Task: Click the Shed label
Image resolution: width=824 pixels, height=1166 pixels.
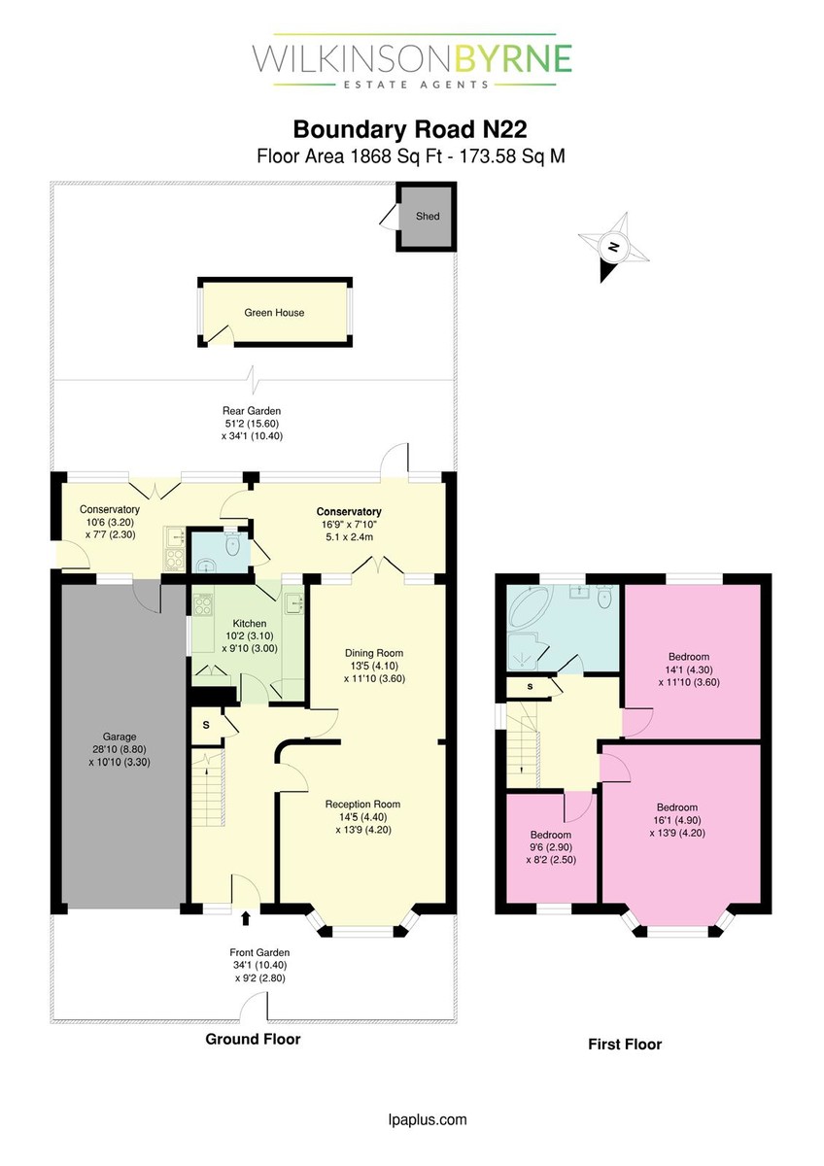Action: click(428, 216)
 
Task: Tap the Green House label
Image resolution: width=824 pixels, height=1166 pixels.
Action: click(274, 313)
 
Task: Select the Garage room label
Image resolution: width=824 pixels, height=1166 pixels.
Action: click(120, 737)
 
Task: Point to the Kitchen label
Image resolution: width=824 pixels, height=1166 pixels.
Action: click(250, 623)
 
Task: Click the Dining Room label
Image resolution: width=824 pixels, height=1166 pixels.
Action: click(374, 653)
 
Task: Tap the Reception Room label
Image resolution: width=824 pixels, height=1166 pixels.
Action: click(362, 805)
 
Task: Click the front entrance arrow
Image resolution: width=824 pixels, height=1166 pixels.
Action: click(246, 917)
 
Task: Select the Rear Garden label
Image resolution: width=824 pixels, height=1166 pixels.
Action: click(252, 411)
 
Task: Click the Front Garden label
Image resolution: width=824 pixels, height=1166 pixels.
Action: click(259, 952)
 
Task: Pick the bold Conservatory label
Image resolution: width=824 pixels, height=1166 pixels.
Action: click(349, 512)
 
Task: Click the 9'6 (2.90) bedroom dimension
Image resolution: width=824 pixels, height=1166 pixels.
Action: click(551, 847)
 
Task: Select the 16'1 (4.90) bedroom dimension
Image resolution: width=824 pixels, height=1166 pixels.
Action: click(677, 820)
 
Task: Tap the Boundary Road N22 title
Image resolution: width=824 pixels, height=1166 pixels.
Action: click(410, 129)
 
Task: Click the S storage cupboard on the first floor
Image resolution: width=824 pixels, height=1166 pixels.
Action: click(530, 687)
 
